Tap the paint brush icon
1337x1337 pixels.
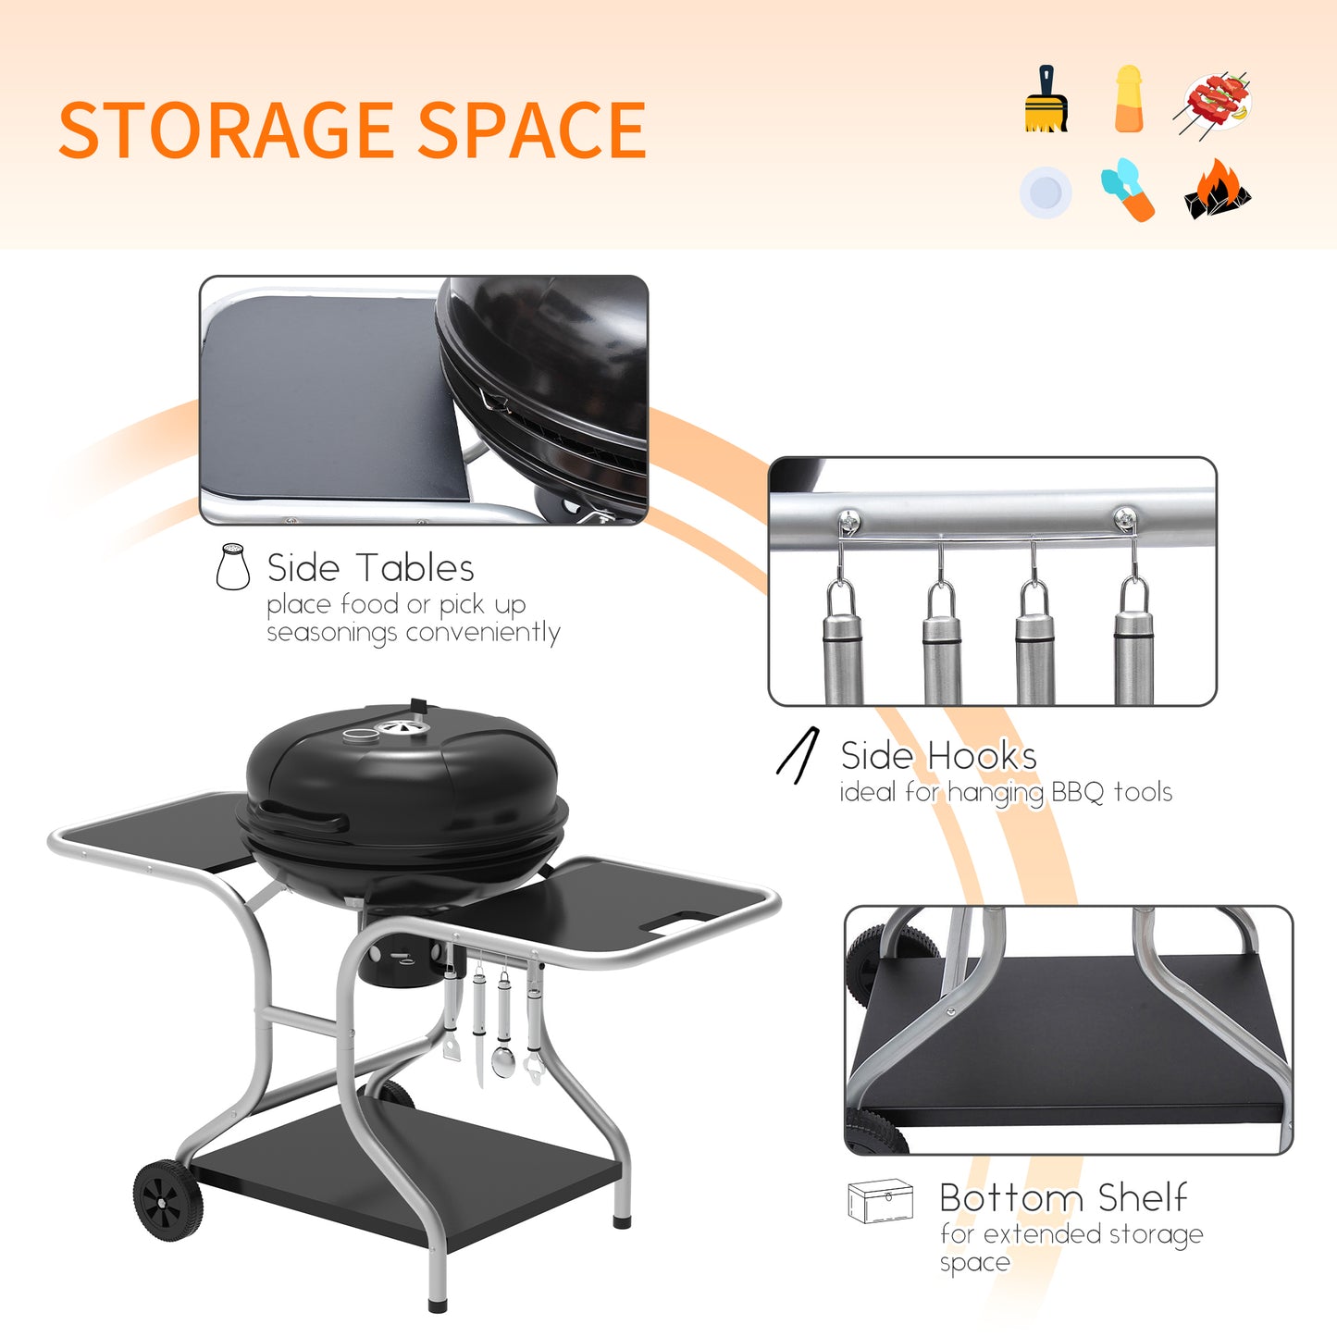(x=1046, y=99)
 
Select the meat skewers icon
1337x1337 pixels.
(x=1217, y=101)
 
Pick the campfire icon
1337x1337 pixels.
(x=1217, y=190)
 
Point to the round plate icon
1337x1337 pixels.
(x=1046, y=192)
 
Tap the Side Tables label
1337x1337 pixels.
(x=370, y=568)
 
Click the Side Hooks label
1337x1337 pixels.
(x=938, y=756)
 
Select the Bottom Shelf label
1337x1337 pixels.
(x=1062, y=1198)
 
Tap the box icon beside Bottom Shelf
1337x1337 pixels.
(x=880, y=1201)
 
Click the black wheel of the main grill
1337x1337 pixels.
(x=167, y=1200)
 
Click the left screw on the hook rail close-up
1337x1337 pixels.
(x=848, y=520)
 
